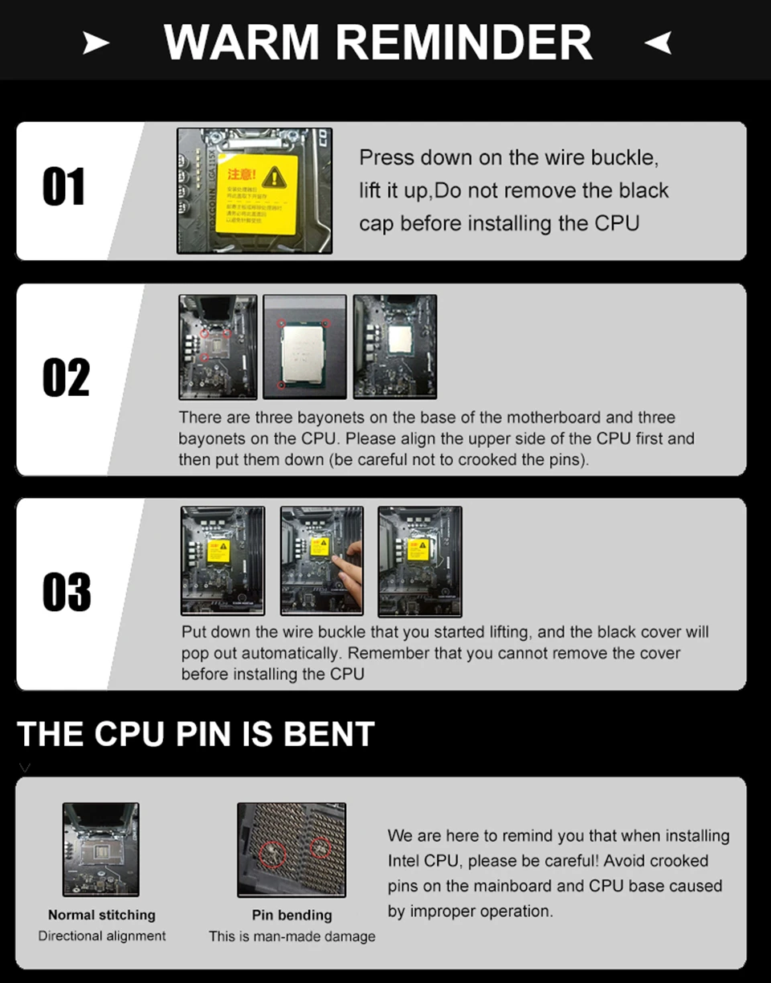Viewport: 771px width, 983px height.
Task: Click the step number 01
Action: coord(63,187)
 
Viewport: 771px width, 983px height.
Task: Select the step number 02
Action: coord(66,377)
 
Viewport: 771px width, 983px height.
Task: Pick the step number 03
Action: coord(67,592)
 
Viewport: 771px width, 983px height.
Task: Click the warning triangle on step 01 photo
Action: coord(274,176)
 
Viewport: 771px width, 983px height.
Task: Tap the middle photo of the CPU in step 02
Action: coord(304,347)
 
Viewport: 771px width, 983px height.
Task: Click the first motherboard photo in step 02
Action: coord(218,347)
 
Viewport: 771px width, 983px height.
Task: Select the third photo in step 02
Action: coord(395,347)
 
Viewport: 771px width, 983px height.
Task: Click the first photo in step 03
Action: coord(222,560)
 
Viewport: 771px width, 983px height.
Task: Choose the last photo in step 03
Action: coord(419,560)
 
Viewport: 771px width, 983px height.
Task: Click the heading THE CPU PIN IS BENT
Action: coord(196,734)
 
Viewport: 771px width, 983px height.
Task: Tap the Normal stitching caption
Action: coord(102,915)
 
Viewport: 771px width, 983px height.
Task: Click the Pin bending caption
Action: coord(292,915)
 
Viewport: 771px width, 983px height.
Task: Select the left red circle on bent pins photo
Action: coord(271,854)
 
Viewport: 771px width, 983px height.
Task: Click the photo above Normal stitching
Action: coord(101,849)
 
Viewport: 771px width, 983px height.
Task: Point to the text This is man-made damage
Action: coord(292,936)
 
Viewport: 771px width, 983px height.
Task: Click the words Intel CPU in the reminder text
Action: coord(424,861)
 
